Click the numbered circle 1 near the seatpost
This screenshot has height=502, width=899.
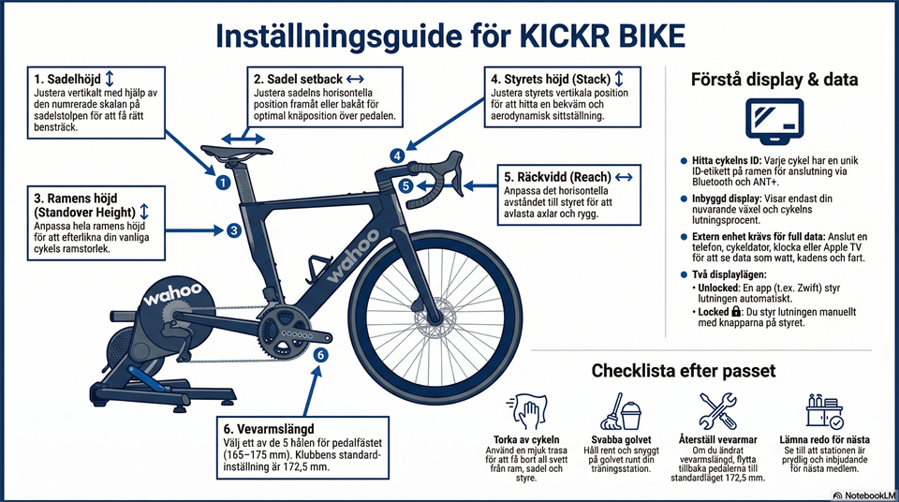pos(223,184)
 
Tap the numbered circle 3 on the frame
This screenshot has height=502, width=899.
pos(234,229)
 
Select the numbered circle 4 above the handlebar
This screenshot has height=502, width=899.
pos(398,155)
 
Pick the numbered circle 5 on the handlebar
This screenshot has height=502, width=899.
pos(405,186)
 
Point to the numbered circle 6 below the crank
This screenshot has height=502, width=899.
pos(319,355)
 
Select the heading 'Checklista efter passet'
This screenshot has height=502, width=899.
pos(684,371)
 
